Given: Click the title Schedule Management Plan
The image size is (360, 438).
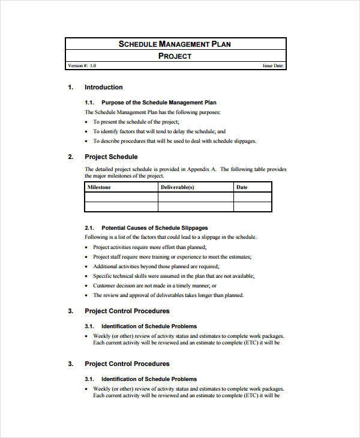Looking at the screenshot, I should [x=175, y=44].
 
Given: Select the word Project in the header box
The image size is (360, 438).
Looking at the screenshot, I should [x=175, y=56].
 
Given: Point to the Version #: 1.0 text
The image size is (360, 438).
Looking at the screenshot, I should [x=82, y=66].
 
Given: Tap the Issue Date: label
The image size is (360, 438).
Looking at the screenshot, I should [x=273, y=66].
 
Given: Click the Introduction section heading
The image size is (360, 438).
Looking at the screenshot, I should [x=103, y=87].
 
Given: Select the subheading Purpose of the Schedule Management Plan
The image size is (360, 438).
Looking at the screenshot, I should [x=159, y=103].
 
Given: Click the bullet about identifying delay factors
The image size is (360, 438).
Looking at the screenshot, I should [x=159, y=131].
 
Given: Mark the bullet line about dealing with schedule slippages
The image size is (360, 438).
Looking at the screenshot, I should [x=174, y=141].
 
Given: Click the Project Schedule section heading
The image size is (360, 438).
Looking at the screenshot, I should [x=111, y=157].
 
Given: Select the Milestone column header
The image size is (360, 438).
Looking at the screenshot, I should [x=100, y=187].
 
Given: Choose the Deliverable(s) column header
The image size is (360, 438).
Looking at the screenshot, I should [x=177, y=187].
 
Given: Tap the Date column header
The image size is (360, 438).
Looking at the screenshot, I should [x=242, y=187].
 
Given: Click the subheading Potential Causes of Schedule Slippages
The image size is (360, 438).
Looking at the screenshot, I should [x=155, y=228].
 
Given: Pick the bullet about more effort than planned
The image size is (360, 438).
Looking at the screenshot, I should [x=149, y=247].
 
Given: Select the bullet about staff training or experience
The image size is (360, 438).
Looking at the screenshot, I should [x=172, y=257].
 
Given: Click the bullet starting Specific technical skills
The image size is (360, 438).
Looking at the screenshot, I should [x=173, y=276].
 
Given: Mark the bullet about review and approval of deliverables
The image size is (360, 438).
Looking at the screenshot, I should [x=168, y=295].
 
